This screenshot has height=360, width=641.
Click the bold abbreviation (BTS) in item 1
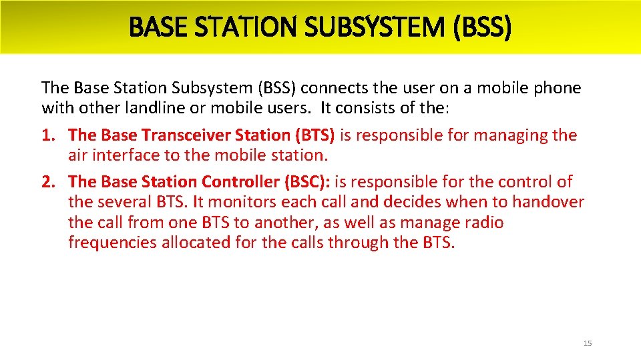click(x=314, y=135)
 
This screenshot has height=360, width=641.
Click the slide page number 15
click(x=588, y=343)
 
